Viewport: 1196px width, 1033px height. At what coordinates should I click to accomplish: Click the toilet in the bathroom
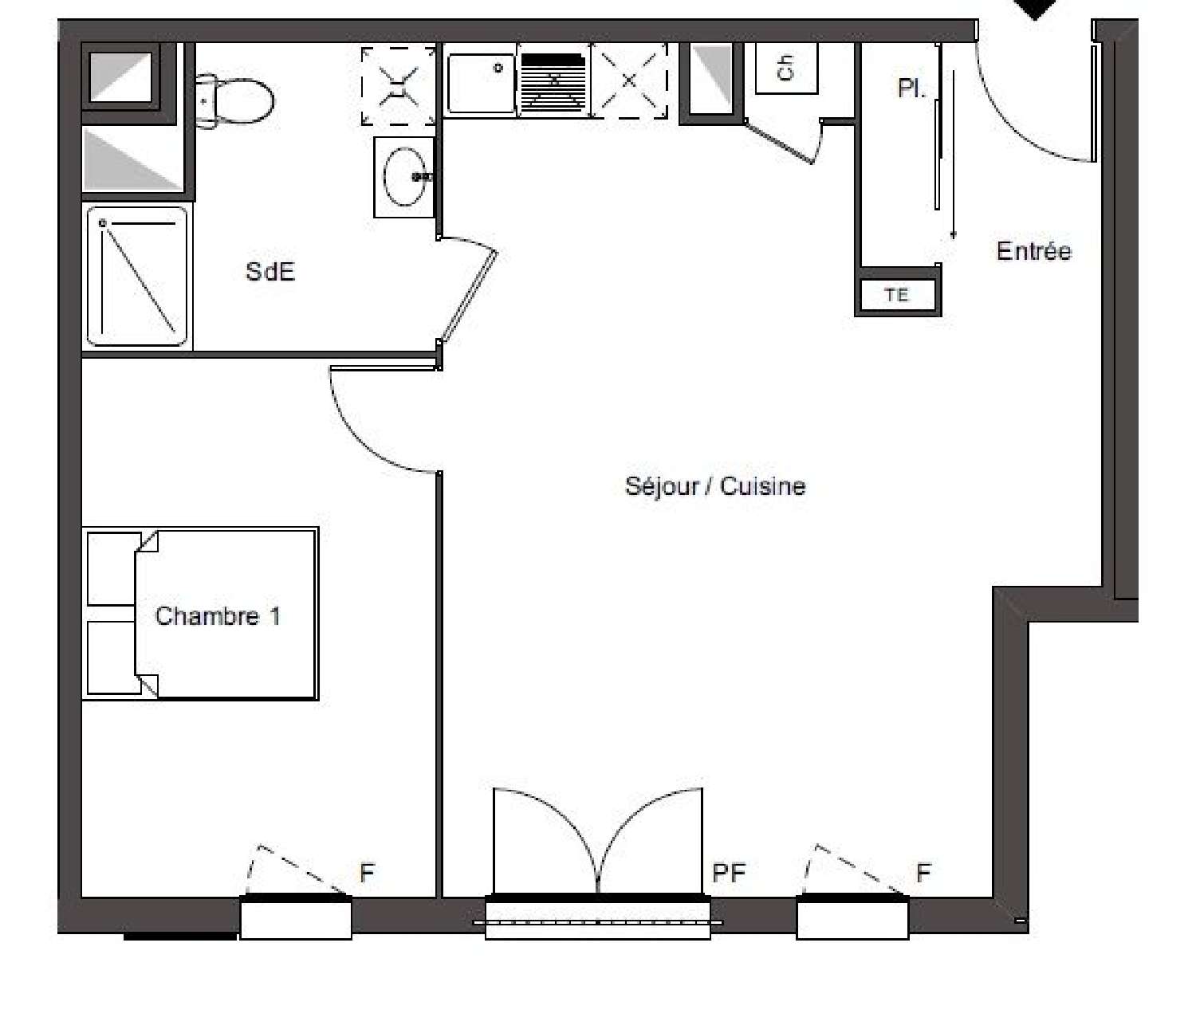point(234,101)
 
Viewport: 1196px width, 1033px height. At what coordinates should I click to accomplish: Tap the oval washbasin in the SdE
point(404,176)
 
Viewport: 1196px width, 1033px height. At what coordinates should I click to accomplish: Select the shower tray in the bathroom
point(137,277)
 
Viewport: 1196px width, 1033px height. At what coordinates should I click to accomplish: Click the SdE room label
point(270,271)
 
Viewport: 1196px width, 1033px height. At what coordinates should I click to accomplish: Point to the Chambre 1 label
point(218,616)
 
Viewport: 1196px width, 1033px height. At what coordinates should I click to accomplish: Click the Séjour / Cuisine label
point(715,486)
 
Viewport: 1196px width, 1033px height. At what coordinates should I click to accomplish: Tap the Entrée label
point(1034,251)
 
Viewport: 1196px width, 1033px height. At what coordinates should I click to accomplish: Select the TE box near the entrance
point(897,295)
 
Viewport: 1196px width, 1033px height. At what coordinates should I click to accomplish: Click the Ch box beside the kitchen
point(786,68)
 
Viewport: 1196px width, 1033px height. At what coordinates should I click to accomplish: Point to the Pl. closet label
point(911,88)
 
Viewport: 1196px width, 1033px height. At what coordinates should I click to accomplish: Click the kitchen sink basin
point(481,83)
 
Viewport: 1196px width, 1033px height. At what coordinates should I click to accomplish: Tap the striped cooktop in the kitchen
point(553,83)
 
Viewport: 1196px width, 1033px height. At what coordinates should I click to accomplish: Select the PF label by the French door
point(729,874)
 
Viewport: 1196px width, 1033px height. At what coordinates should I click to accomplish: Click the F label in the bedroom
point(367,873)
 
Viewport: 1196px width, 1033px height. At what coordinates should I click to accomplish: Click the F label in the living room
point(923,873)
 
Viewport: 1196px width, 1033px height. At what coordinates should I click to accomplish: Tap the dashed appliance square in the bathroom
point(398,85)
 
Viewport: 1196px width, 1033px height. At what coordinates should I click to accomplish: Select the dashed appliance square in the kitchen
point(630,81)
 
